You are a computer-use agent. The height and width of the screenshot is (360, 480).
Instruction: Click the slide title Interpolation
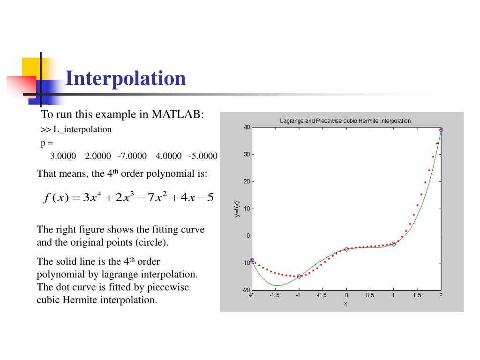click(126, 78)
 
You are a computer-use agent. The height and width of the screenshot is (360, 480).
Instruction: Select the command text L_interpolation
click(82, 129)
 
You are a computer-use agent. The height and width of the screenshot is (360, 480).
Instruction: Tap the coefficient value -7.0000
click(132, 156)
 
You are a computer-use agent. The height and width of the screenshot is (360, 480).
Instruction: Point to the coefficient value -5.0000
click(203, 156)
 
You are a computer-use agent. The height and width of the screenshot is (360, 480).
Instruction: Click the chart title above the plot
click(345, 121)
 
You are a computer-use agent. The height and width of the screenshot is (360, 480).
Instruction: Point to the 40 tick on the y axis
click(247, 127)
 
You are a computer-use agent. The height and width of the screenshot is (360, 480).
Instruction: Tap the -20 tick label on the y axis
click(246, 290)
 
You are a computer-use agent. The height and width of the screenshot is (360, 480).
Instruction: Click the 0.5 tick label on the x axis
click(370, 296)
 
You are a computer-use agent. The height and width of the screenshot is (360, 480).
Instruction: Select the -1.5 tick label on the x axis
click(275, 296)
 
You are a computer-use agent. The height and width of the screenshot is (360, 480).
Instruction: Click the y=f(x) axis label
click(238, 209)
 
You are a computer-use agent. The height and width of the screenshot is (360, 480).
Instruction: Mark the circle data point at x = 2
click(441, 130)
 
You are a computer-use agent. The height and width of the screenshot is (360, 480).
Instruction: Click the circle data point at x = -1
click(299, 277)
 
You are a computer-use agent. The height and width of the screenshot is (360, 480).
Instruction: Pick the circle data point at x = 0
click(346, 249)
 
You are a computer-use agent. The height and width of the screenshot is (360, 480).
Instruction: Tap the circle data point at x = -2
click(252, 260)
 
